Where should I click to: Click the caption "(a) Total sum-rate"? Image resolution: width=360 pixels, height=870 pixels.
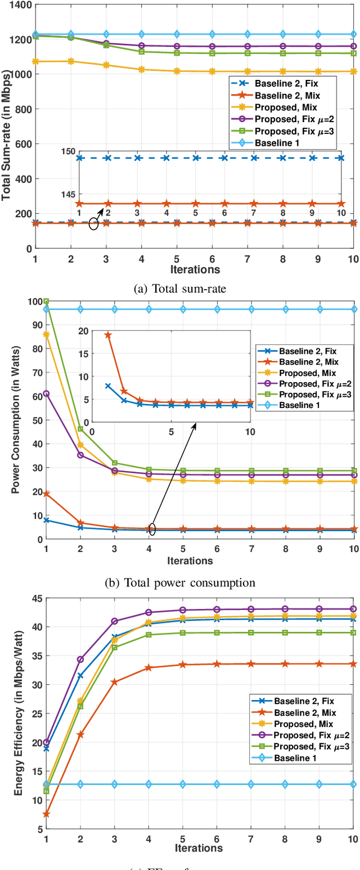(x=180, y=274)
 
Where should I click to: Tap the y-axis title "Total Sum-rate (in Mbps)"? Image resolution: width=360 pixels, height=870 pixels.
(x=7, y=127)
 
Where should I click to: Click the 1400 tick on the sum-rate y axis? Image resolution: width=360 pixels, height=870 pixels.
(x=20, y=5)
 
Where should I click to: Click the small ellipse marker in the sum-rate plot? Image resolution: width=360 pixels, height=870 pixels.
(x=93, y=224)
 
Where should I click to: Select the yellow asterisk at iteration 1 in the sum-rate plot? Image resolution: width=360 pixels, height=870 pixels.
(x=36, y=61)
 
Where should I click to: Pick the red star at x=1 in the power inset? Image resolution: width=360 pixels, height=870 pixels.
(x=108, y=319)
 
